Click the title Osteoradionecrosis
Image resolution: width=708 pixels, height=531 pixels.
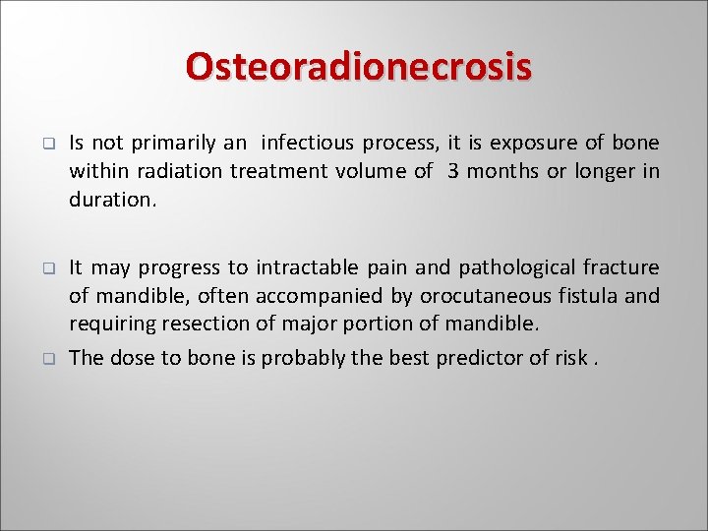point(358,67)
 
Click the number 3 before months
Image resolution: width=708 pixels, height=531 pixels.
point(452,171)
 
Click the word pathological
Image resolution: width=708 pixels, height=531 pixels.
point(517,267)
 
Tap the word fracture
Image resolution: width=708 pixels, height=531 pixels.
point(621,267)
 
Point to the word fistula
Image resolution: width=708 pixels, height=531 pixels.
point(588,296)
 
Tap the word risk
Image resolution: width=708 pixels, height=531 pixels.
point(571,358)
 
